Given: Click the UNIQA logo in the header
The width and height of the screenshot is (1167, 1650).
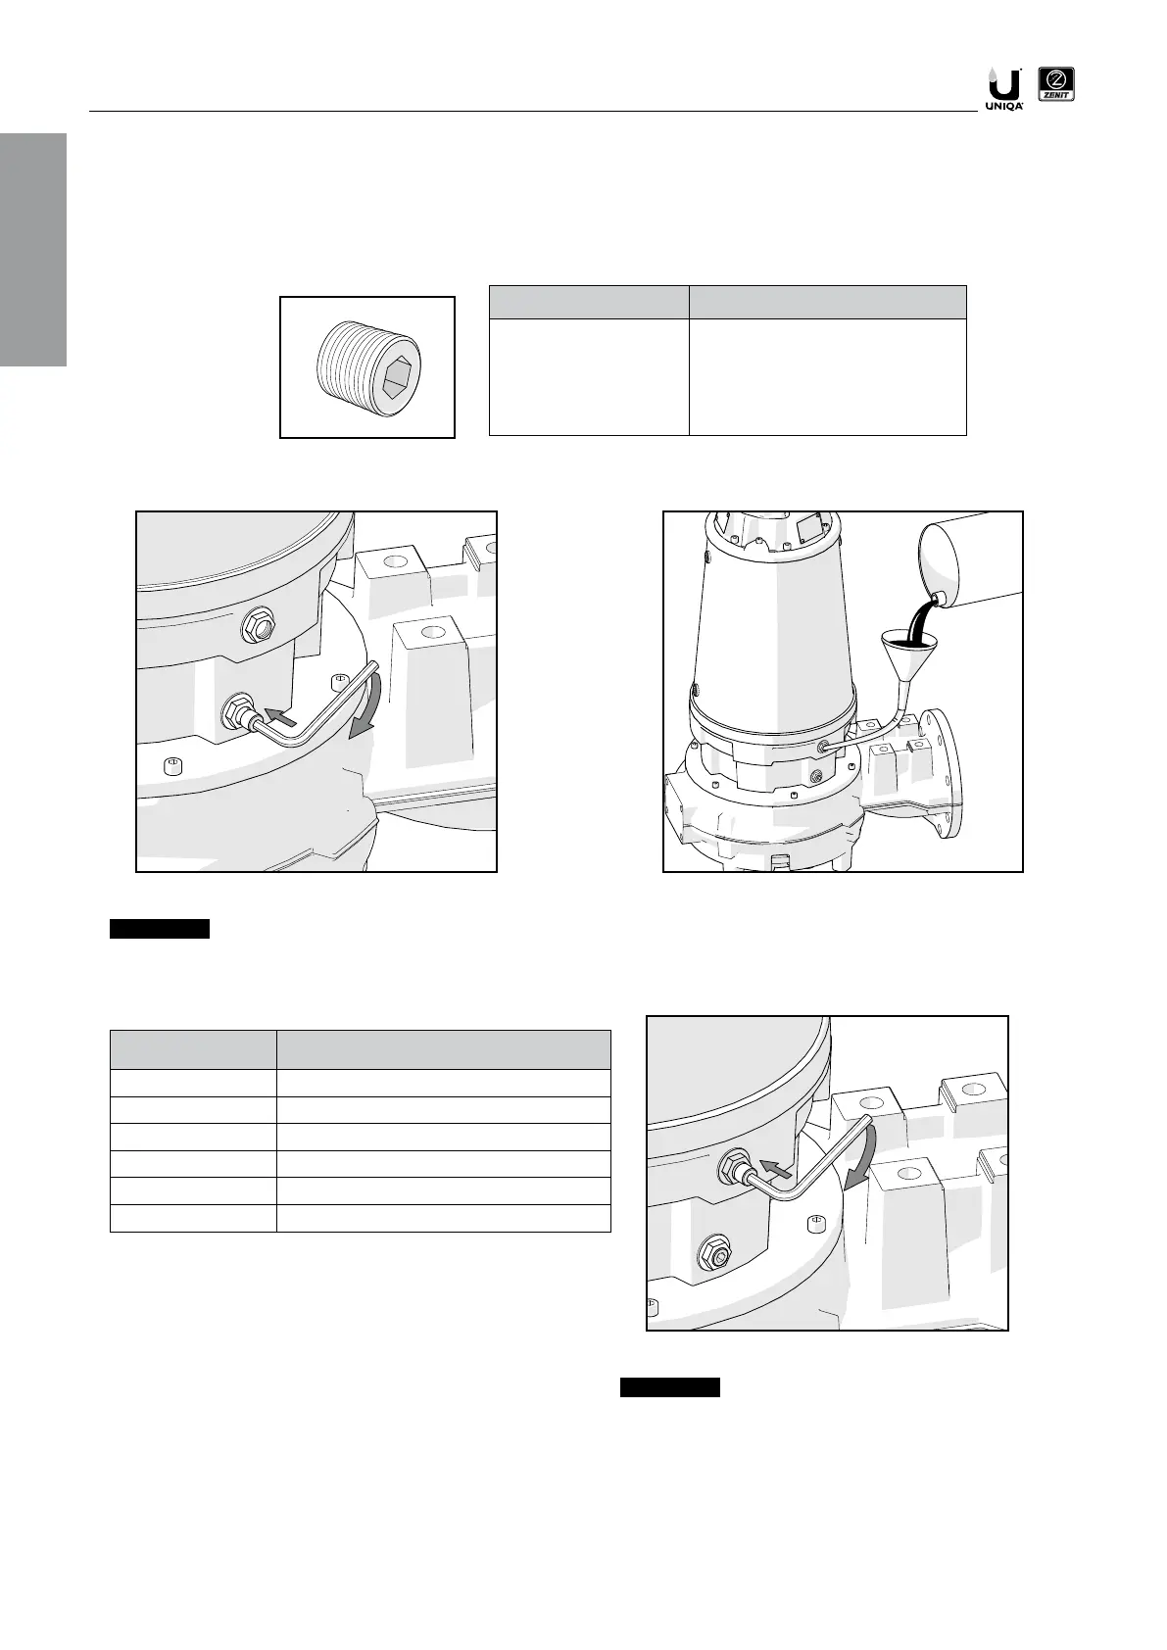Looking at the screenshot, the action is (x=1002, y=88).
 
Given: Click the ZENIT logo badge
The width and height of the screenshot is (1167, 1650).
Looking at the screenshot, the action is (x=1056, y=87).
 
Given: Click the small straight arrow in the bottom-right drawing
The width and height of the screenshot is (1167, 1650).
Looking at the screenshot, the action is (x=776, y=1167).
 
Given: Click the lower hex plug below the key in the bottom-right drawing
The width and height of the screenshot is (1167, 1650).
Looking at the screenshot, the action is (x=714, y=1255).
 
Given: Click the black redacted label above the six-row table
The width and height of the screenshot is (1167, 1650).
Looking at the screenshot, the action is (x=160, y=929).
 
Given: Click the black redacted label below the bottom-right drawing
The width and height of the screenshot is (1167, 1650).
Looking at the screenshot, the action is (x=670, y=1387).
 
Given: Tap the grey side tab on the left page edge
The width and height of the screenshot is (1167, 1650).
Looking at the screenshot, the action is (x=33, y=250).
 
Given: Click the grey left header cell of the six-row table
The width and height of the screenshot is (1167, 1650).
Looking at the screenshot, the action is (x=193, y=1049).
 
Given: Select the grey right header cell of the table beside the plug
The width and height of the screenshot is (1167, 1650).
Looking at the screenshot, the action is (x=827, y=302).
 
